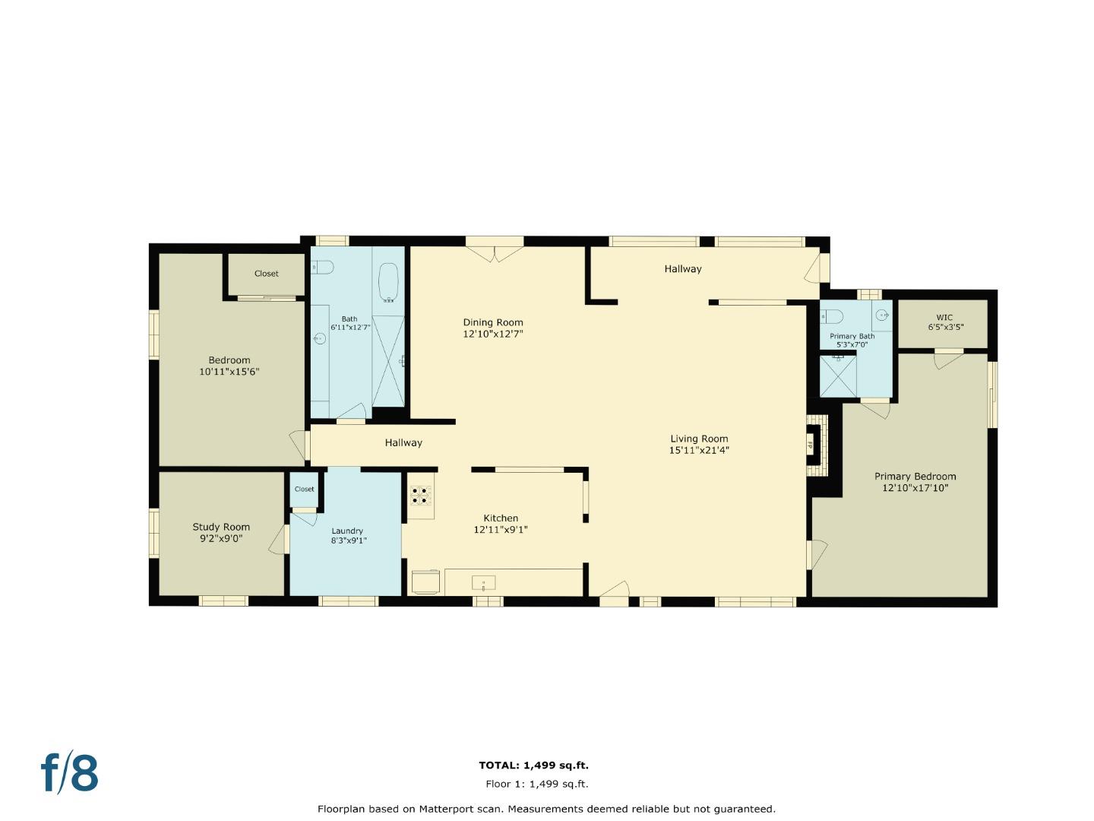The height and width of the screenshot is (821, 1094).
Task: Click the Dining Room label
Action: pos(493,322)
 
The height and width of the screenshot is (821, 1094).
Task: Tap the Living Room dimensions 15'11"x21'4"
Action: pos(699,450)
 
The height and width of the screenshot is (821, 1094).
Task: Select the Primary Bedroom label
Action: pos(915,477)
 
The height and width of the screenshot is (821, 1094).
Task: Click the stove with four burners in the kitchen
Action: pos(420,496)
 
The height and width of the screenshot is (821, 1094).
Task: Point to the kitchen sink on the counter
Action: pos(484,584)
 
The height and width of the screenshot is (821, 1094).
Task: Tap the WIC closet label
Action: pos(944,318)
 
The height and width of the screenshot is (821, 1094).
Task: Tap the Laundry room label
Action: pos(347,531)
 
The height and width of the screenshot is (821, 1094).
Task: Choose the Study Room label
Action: pos(221,527)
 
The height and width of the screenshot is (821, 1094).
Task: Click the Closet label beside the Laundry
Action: pos(304,489)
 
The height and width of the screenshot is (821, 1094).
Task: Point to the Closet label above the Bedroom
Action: pos(266,274)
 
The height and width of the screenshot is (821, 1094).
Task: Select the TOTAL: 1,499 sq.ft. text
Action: pos(533,766)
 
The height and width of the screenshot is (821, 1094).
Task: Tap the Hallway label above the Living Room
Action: pos(683,269)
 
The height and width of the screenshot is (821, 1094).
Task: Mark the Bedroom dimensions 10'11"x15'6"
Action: pos(229,372)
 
